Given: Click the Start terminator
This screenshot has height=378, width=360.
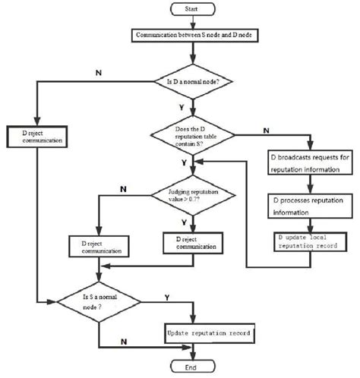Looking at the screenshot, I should click(195, 10).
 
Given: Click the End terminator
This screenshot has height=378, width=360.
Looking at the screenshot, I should click(195, 368).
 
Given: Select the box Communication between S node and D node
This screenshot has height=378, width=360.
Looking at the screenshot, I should click(195, 35).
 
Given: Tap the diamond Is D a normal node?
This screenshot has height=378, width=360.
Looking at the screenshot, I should click(195, 80).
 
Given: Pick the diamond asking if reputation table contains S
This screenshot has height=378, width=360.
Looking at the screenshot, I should click(195, 135).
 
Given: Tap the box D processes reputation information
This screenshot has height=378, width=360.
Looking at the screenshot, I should click(309, 206).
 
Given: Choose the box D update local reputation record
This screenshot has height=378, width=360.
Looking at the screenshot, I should click(309, 241).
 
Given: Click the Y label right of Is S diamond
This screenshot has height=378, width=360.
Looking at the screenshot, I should click(166, 298).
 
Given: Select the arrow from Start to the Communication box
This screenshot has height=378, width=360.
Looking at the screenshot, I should click(195, 22).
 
